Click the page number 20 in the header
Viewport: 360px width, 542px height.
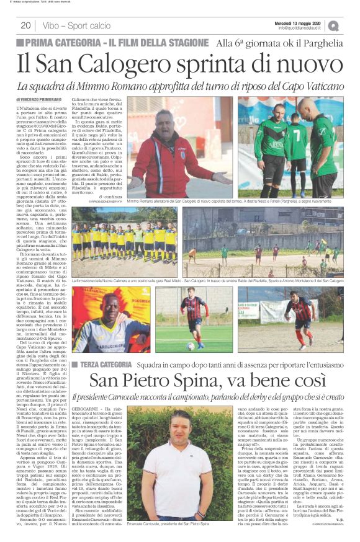[x=25, y=25]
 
